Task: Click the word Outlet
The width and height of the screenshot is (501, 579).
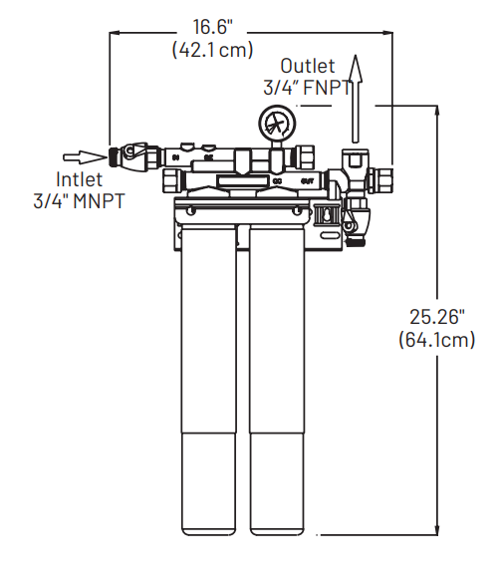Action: (306, 66)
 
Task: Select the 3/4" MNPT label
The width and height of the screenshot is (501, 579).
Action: (79, 200)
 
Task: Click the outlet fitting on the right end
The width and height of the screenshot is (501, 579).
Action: (380, 180)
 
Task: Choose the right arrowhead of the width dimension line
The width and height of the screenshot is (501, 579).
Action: (388, 32)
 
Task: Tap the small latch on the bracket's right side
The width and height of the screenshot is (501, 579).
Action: (324, 214)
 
